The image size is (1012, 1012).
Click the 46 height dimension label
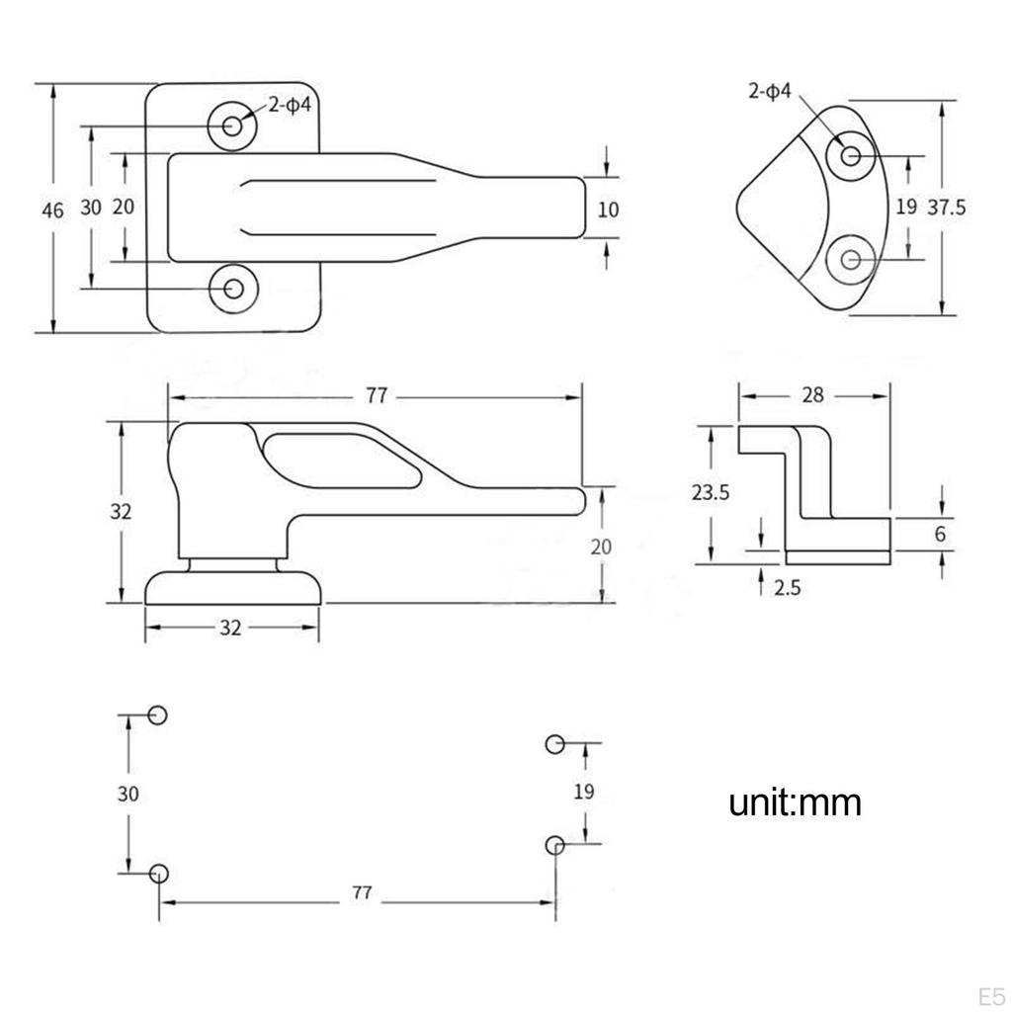click(52, 209)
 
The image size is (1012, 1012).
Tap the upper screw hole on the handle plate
click(233, 126)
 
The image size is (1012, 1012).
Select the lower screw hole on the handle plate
click(233, 289)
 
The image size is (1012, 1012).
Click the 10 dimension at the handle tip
click(608, 209)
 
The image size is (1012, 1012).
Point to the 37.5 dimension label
click(947, 207)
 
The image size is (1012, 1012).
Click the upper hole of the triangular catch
click(851, 155)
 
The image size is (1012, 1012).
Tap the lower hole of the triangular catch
click(851, 260)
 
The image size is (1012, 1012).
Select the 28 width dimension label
click(813, 395)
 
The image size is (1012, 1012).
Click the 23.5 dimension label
click(710, 492)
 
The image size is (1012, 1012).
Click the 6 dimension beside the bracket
click(940, 534)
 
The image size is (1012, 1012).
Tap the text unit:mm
click(796, 802)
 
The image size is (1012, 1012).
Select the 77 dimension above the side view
click(376, 396)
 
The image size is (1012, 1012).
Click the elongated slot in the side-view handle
click(341, 459)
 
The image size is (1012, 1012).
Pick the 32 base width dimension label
click(230, 628)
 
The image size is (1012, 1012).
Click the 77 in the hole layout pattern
click(362, 892)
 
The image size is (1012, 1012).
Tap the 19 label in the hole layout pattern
click(584, 791)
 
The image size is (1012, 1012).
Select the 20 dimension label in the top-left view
click(124, 207)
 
